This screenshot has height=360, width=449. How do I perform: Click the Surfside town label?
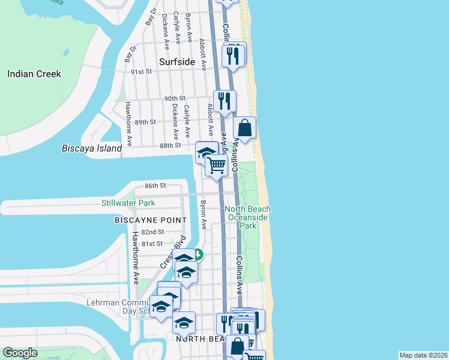click(x=177, y=62)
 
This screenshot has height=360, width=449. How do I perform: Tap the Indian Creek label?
click(x=34, y=74)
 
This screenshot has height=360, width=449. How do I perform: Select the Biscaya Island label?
click(x=92, y=148)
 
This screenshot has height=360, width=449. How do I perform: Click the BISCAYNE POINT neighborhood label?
click(x=142, y=221)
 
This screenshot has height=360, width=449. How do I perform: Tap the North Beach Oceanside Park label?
click(x=248, y=217)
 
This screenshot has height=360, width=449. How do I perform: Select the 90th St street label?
click(x=174, y=98)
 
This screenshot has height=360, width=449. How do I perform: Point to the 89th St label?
click(x=145, y=122)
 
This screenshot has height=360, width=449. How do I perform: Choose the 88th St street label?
click(x=170, y=145)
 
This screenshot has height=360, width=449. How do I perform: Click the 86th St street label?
click(x=155, y=186)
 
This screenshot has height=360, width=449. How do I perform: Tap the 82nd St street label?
click(x=153, y=232)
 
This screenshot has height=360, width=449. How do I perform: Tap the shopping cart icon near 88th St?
click(x=216, y=164)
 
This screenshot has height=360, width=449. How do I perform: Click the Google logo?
click(x=20, y=353)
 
